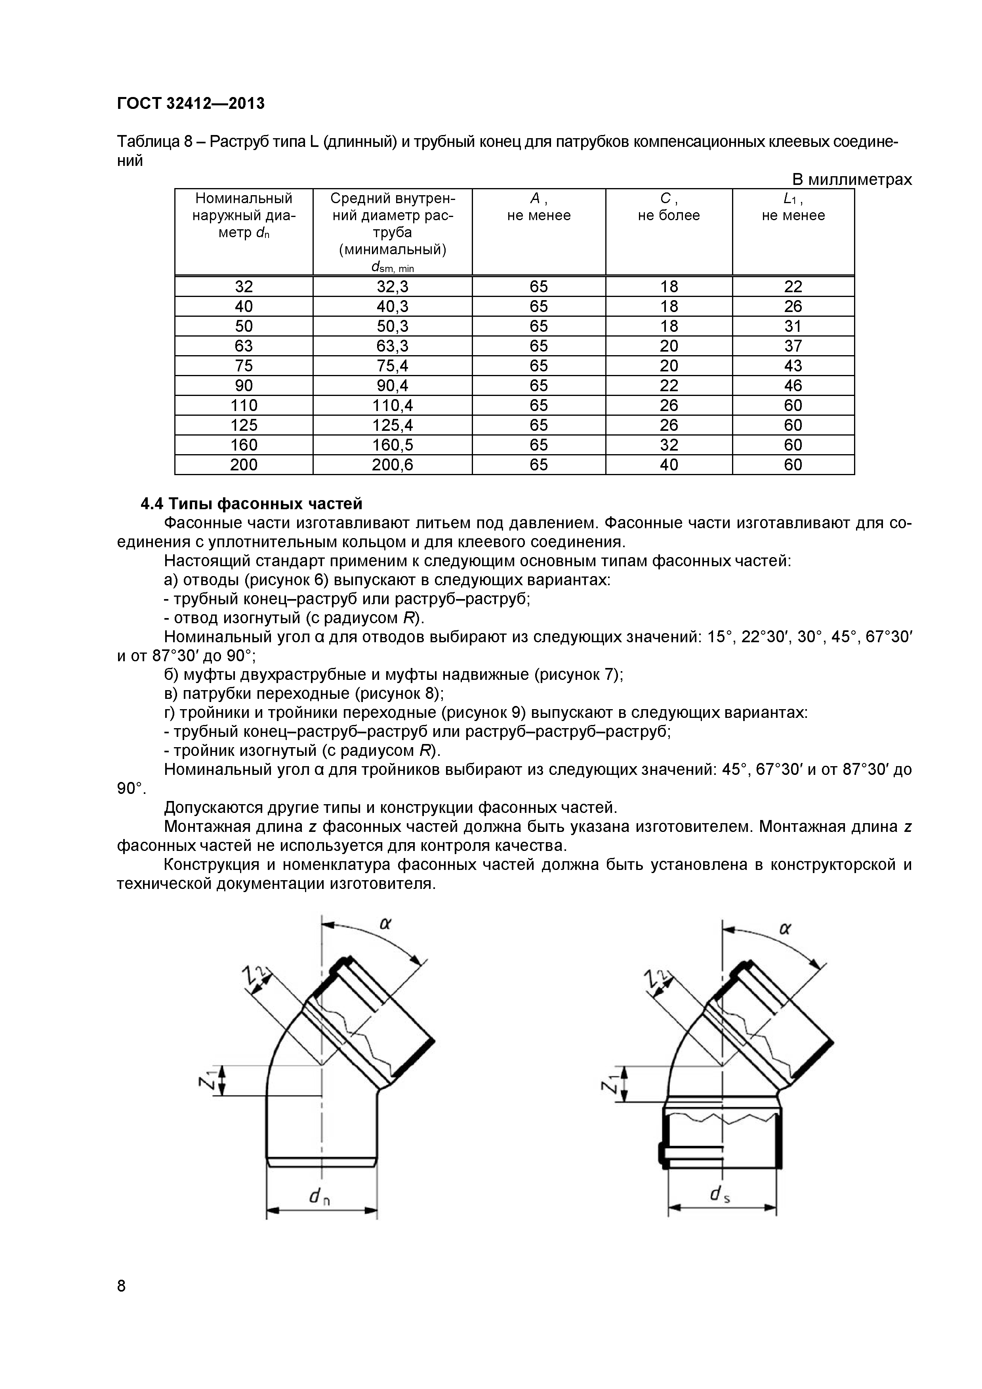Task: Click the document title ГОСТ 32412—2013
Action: (191, 103)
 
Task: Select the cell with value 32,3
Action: (392, 286)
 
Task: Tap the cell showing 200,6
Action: (392, 464)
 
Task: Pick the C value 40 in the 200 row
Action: (669, 464)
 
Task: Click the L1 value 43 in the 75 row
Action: (793, 365)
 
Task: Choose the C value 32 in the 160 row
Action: (669, 445)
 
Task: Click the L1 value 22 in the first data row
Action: (793, 286)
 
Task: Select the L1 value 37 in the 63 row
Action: (793, 345)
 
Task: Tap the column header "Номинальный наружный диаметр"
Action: (244, 215)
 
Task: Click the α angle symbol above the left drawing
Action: (385, 924)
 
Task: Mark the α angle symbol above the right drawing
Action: (786, 929)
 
